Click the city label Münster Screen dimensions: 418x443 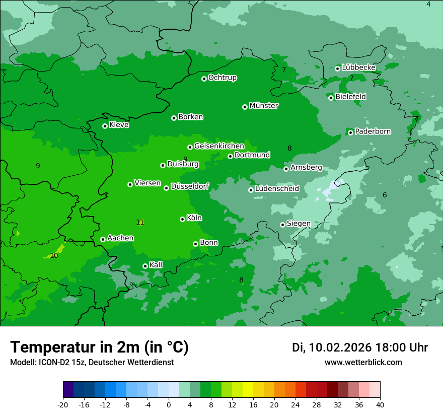pos(264,106)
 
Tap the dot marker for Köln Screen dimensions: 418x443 pos(182,219)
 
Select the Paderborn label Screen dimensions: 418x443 pos(373,131)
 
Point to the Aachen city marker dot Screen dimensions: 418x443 pos(103,239)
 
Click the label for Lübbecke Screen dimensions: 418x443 pos(358,67)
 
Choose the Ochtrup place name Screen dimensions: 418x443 pos(223,78)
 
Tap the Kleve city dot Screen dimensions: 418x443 pos(105,126)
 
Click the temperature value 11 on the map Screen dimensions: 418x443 pos(140,222)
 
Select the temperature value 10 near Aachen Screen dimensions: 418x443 pos(54,255)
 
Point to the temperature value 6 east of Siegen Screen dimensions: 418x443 pos(385,195)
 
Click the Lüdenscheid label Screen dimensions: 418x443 pos(277,189)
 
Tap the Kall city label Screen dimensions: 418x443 pos(156,265)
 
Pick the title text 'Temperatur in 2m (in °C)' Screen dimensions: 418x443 pos(99,347)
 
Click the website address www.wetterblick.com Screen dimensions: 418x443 pos(363,362)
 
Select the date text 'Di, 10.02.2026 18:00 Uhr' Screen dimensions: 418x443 pos(360,347)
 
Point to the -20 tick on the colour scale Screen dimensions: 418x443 pos(63,404)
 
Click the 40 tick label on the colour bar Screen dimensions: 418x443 pos(380,404)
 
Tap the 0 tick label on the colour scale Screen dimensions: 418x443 pos(169,404)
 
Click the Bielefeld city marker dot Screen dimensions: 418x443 pos(331,98)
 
